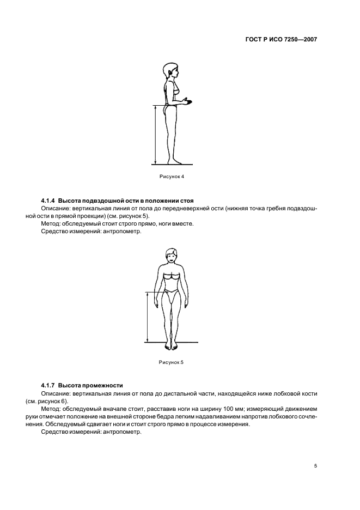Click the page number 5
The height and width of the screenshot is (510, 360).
point(315,465)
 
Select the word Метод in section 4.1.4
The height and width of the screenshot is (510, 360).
point(50,223)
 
